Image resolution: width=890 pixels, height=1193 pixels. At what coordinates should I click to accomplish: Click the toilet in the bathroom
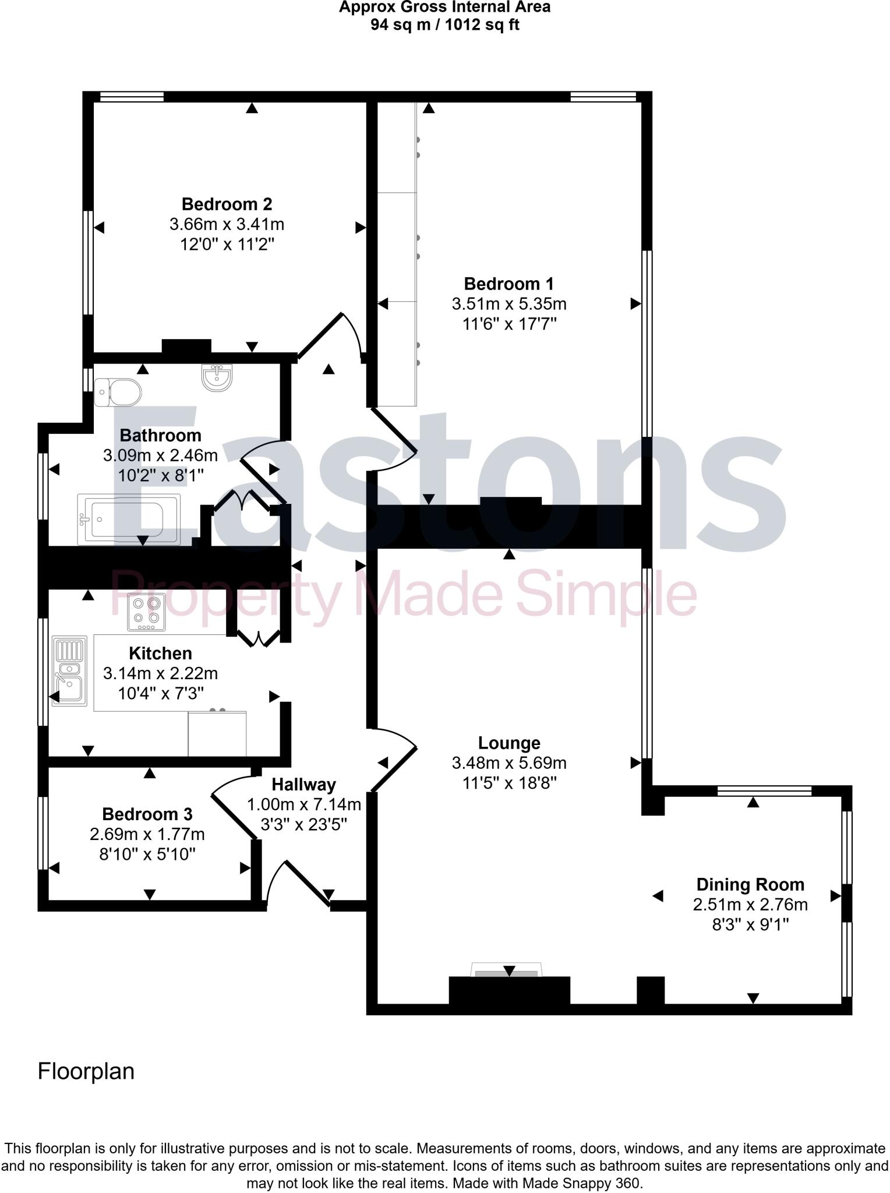(118, 391)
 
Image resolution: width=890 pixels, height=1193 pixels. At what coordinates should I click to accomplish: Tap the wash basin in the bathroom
(217, 377)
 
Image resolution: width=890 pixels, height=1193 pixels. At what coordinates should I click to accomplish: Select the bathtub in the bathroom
(129, 518)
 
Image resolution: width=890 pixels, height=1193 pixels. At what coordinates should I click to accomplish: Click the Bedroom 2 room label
(227, 204)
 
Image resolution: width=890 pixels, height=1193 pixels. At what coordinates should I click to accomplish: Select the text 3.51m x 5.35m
(508, 304)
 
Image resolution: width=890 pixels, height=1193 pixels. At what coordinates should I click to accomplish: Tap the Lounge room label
(509, 743)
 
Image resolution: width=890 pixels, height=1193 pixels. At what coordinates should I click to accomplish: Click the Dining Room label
(750, 884)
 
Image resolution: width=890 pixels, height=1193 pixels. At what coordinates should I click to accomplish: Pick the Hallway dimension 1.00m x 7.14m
(304, 804)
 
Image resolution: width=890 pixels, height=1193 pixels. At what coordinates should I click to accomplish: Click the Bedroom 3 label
(147, 814)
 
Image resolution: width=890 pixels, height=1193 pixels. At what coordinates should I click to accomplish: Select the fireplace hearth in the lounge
(506, 970)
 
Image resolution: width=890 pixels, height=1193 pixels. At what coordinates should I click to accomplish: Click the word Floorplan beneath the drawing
(86, 1071)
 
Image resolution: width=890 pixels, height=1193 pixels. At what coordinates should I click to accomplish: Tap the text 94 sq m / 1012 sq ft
(444, 25)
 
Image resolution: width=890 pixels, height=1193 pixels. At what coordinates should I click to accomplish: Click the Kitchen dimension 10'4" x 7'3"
(160, 693)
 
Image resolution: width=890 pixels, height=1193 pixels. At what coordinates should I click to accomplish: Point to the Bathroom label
(160, 435)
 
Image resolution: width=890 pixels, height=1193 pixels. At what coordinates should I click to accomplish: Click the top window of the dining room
(764, 790)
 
